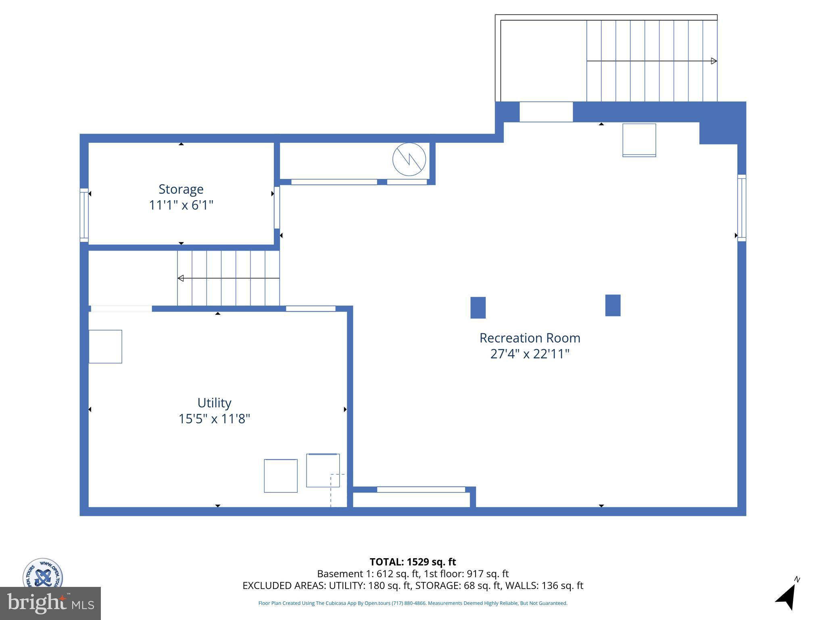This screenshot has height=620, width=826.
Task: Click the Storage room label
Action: point(181,189)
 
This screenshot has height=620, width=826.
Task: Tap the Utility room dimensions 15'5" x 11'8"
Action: point(214,419)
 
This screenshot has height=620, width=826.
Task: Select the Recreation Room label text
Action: point(530,338)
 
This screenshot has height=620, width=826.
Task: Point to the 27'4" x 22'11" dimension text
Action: point(530,354)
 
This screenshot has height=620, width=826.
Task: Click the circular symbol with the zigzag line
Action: point(409,159)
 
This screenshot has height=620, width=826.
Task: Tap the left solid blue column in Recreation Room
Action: point(478,308)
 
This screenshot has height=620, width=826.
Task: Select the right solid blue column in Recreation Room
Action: point(613,305)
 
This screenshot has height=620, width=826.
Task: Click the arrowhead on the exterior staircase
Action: point(713,61)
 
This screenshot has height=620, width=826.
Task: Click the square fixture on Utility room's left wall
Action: point(105,347)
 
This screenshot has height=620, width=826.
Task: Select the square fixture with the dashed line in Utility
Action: point(323,470)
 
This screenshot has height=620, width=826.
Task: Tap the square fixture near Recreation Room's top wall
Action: point(639,140)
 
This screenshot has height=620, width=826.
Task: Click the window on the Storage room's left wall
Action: point(84,215)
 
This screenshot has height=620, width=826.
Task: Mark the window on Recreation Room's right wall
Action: point(741,208)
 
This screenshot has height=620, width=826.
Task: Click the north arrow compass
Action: point(787,596)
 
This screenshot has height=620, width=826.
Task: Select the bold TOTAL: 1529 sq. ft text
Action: point(413,562)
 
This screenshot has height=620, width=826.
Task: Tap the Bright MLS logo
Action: point(50,603)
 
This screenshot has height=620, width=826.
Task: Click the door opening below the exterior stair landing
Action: point(546,112)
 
